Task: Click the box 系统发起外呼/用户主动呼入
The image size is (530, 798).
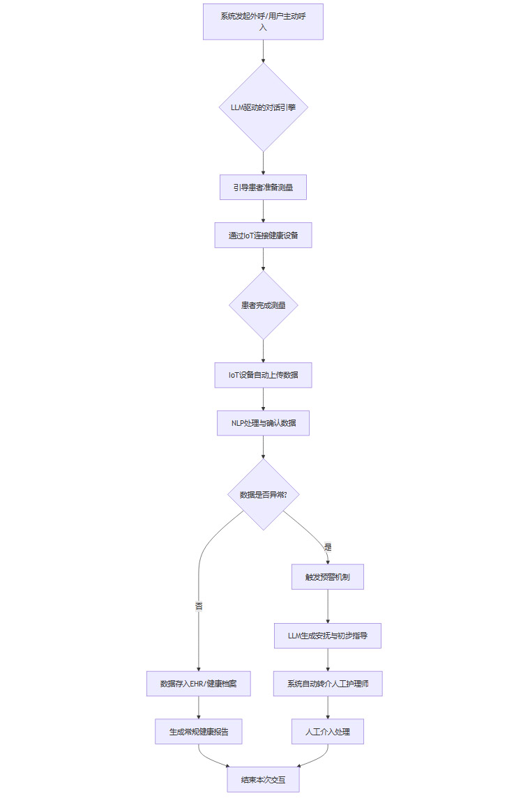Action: (x=263, y=22)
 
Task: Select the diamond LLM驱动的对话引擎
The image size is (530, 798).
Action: (x=263, y=107)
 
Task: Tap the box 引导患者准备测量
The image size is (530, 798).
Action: (x=263, y=187)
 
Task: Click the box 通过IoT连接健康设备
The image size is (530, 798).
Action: (x=263, y=236)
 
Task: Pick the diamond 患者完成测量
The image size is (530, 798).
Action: (x=263, y=305)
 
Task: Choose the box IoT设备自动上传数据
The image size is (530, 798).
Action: (x=263, y=375)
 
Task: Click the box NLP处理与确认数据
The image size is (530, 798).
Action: (x=263, y=423)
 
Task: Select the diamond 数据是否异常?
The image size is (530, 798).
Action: (x=263, y=494)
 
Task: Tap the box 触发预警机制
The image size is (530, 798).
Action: (x=328, y=576)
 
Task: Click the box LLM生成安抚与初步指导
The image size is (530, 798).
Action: (x=328, y=636)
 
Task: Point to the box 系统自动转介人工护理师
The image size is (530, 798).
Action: (x=328, y=684)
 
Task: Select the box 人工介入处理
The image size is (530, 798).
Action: (x=328, y=732)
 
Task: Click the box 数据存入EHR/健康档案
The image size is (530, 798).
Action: (x=199, y=684)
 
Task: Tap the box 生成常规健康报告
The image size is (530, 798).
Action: (x=199, y=732)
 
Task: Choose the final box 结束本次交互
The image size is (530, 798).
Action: (x=263, y=780)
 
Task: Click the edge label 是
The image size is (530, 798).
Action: (x=328, y=547)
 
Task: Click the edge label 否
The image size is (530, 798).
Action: (x=199, y=606)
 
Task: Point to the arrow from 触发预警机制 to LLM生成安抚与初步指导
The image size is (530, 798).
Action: (x=328, y=606)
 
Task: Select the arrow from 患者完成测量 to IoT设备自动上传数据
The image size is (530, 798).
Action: (x=263, y=351)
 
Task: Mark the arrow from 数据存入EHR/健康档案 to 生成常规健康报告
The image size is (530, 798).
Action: (x=199, y=707)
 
